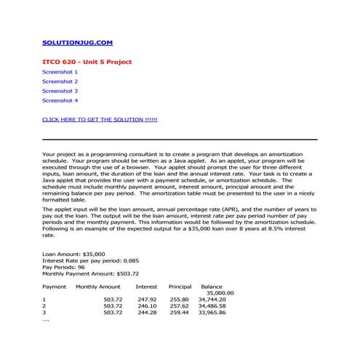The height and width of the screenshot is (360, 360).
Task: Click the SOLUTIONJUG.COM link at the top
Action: tap(77, 44)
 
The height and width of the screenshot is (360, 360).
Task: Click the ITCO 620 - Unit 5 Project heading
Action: tap(87, 62)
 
